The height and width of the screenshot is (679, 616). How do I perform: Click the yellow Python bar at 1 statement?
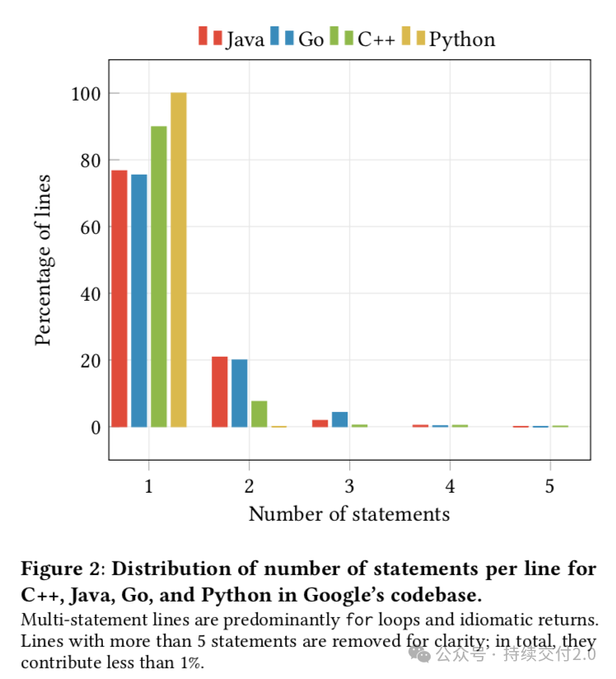[179, 260]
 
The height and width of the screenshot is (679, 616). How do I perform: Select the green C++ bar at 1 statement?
[158, 277]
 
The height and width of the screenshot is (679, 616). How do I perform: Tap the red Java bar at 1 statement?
[119, 299]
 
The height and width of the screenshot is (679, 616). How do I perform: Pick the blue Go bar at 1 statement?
[139, 301]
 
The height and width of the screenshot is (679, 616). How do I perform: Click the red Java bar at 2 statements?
[220, 392]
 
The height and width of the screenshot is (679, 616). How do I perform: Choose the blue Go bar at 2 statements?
[240, 393]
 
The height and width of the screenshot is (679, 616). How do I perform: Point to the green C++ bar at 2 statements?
[259, 414]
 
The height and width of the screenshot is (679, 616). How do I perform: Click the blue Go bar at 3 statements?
[340, 419]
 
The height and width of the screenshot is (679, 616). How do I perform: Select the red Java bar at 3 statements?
[320, 424]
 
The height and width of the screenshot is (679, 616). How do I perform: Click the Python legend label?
[462, 40]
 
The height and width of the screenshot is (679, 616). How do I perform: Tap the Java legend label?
[245, 40]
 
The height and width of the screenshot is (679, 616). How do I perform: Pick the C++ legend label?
[376, 39]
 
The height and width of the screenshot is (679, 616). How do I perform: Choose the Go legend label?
[310, 39]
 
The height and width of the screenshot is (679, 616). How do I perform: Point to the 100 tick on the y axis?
[86, 94]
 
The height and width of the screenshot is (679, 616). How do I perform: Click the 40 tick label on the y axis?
[91, 294]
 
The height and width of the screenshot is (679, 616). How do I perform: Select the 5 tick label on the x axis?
[549, 486]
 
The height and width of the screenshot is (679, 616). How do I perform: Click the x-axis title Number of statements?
[349, 514]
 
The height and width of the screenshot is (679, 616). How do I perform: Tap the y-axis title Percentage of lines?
[43, 260]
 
